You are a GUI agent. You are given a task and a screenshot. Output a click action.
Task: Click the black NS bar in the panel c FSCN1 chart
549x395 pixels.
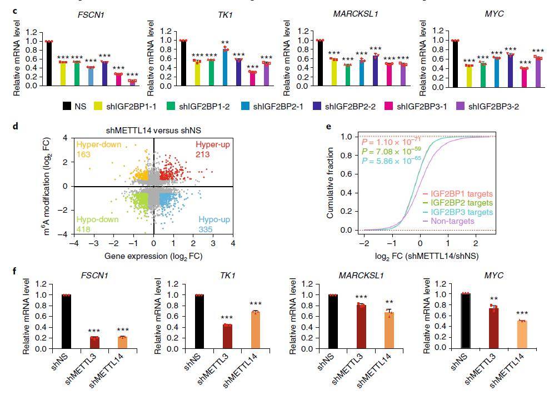pos(49,63)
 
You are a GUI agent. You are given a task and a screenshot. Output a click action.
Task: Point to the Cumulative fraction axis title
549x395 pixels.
pos(330,183)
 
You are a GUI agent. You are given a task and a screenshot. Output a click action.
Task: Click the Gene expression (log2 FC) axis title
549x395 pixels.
pos(153,256)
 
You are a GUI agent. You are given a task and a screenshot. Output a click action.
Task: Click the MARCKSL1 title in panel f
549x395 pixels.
pos(357,277)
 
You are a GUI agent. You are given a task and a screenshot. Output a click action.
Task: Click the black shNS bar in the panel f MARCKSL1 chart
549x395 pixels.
pos(332,322)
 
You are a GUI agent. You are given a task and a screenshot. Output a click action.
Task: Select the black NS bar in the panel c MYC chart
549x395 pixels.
pos(455,63)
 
